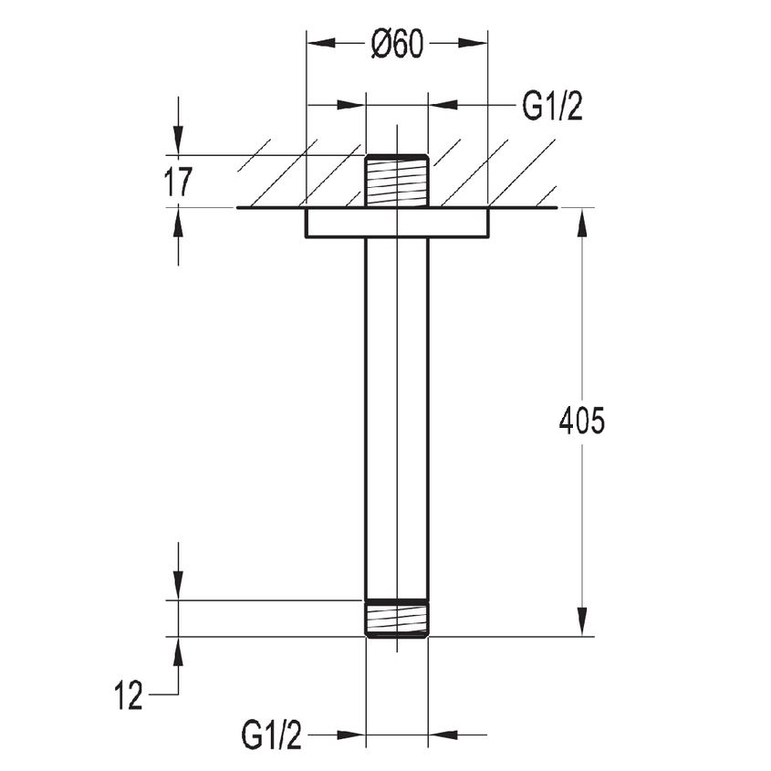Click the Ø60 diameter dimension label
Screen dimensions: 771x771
(397, 44)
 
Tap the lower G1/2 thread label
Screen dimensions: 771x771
(271, 735)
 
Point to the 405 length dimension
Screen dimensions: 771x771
(582, 421)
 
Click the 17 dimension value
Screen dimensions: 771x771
(178, 182)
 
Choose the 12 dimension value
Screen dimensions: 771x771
(129, 696)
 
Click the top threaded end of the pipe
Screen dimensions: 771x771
(397, 181)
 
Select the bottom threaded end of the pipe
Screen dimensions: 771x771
(397, 619)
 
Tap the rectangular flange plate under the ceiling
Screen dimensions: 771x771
(397, 223)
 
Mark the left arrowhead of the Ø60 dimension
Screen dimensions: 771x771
(321, 43)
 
